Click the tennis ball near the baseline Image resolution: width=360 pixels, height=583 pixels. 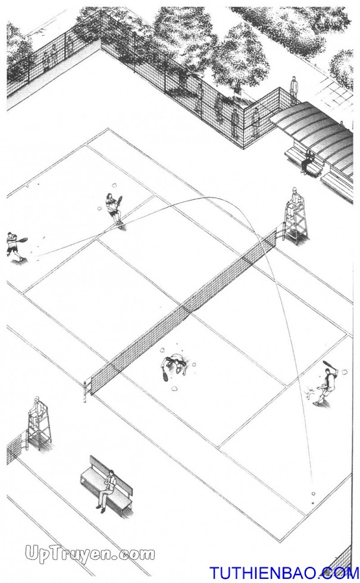(313, 494)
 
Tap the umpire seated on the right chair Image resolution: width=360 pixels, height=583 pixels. (295, 198)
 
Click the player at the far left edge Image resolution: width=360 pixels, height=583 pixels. (13, 245)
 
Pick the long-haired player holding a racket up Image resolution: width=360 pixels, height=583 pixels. (113, 209)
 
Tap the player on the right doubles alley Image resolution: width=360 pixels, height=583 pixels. (325, 385)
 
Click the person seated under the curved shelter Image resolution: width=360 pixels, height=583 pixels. (308, 162)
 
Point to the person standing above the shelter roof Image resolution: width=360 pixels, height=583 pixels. (294, 88)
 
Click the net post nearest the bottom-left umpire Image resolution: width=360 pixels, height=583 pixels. (86, 391)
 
